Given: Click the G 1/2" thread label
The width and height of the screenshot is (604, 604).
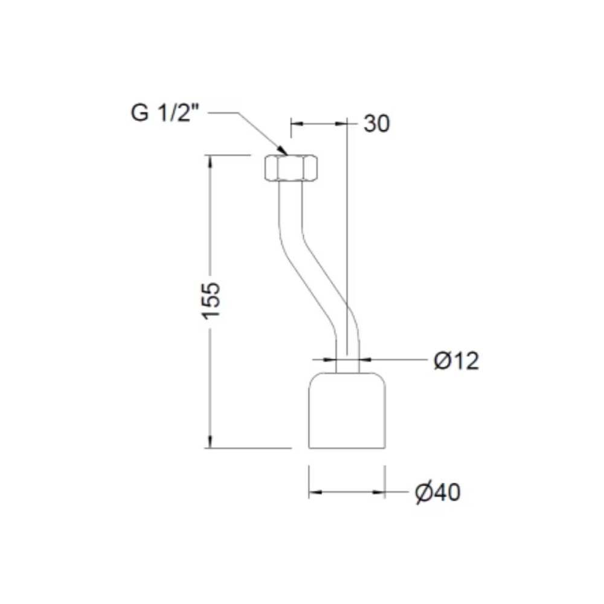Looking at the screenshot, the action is click(165, 113).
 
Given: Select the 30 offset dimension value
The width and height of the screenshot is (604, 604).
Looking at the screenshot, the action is click(377, 124).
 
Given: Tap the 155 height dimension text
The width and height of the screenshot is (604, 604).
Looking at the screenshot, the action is click(211, 301).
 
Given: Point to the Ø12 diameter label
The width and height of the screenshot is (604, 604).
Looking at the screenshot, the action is click(457, 361).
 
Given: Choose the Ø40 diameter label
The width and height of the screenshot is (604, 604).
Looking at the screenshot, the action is click(437, 492).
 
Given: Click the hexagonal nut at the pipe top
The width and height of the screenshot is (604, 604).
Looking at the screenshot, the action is click(291, 167).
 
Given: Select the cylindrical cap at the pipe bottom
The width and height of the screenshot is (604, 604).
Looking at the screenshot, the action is click(347, 411).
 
